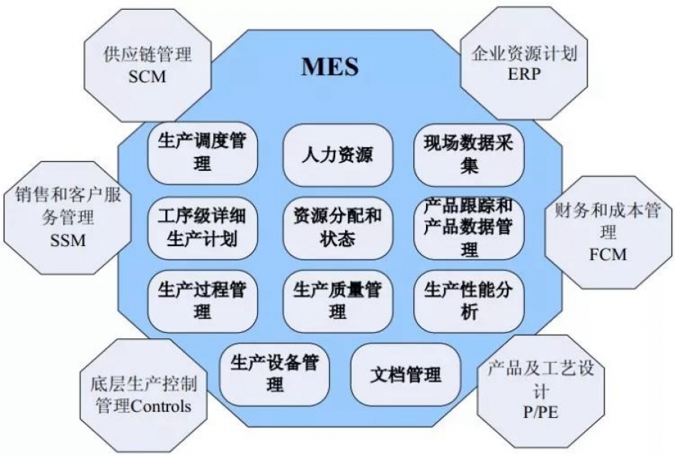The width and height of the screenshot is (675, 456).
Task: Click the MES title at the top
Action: pos(330,67)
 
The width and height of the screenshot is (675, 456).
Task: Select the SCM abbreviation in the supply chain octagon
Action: pos(147,76)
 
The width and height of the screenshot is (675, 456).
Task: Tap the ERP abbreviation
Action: pos(524,74)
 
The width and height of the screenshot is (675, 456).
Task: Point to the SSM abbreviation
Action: pos(68,240)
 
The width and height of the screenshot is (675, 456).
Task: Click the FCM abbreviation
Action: pos(607,254)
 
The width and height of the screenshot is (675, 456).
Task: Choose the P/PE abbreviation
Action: pos(541,412)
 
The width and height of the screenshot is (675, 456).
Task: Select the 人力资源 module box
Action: pos(337,155)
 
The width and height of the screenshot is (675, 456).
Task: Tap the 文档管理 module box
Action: pos(406,374)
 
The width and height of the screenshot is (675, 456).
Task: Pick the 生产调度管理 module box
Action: pos(202,153)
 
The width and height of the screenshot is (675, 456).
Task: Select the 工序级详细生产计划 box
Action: pos(202,228)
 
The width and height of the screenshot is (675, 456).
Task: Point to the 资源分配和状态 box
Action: pos(337,228)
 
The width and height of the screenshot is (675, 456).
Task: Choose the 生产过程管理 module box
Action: pos(202,301)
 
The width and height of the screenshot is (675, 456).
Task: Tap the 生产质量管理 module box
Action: pos(337,301)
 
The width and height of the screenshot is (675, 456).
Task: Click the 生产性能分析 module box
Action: pos(469,301)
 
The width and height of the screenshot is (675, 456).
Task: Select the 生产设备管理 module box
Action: pos(274,374)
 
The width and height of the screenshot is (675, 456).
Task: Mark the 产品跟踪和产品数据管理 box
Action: pos(469,228)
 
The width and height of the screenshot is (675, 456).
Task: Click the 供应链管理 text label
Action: pos(147,55)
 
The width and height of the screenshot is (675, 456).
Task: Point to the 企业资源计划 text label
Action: pos(524,53)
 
